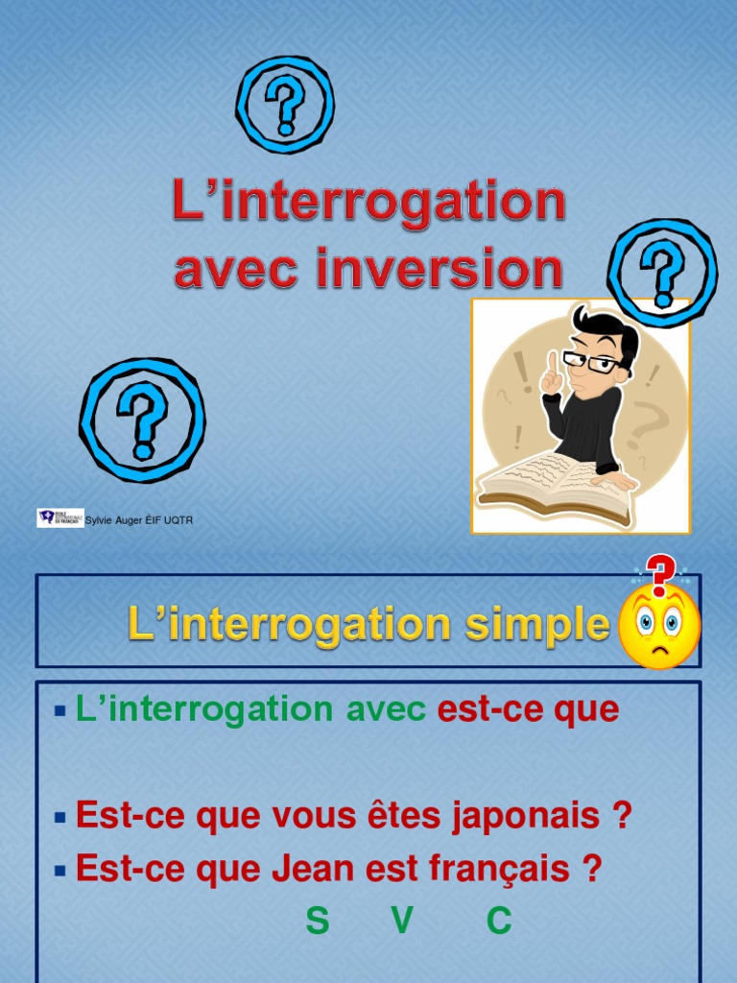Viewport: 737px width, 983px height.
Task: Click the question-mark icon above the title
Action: [x=285, y=105]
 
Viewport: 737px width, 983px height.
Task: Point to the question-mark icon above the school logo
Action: [x=142, y=420]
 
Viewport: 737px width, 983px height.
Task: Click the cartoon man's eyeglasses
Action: [x=590, y=362]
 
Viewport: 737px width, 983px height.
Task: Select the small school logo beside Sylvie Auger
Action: [x=59, y=518]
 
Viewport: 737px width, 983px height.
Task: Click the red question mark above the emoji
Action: [x=660, y=572]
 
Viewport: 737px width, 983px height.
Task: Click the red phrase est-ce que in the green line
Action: [x=528, y=709]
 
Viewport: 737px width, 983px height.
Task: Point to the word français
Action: [x=510, y=870]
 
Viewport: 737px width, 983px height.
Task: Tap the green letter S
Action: [x=318, y=921]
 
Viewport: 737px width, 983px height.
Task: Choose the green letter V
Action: [x=402, y=921]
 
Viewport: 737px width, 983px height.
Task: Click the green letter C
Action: [x=498, y=921]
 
